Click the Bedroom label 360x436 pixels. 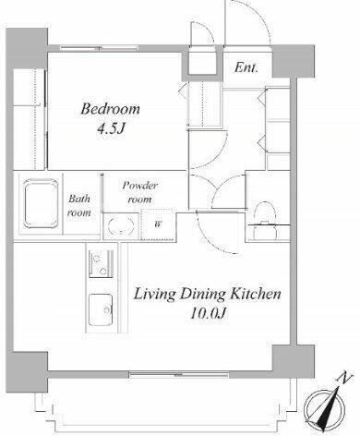coord(110,109)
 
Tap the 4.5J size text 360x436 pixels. coord(111,128)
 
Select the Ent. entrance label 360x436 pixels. coord(246,67)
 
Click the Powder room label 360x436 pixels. coord(140,192)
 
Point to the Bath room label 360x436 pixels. coord(79,205)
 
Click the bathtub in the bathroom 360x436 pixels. coord(42,203)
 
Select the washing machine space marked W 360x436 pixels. coord(158,224)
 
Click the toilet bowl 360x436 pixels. coord(265,219)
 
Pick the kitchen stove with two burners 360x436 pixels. coord(101,263)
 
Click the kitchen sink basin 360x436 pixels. coord(101,309)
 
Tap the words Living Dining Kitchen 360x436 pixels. coord(207,294)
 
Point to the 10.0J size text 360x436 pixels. coord(209,313)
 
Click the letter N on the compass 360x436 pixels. coord(345,378)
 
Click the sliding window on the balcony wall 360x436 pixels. coord(179,375)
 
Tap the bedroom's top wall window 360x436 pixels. coord(99,48)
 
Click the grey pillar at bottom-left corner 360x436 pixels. coord(27,372)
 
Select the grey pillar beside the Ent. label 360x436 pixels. coord(294,61)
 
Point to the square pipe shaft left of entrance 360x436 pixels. coord(202,63)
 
